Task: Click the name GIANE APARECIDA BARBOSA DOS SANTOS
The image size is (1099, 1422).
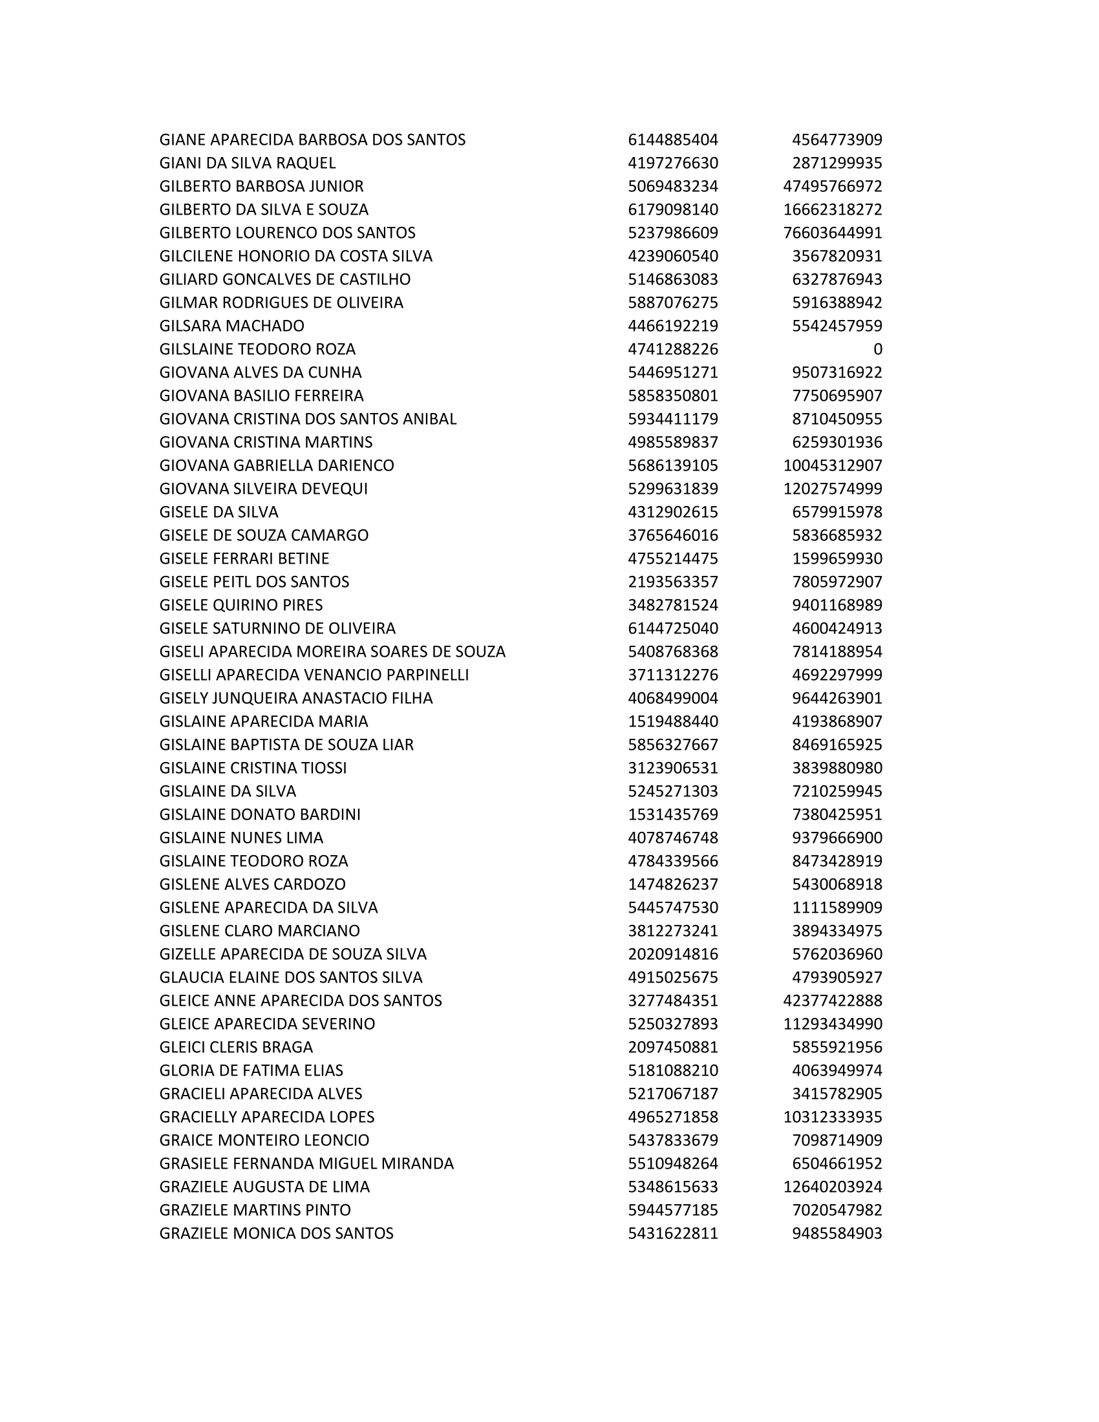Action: [x=312, y=140]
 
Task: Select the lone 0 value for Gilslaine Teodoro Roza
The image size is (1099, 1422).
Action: [x=877, y=350]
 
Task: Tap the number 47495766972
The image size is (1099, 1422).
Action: [x=832, y=187]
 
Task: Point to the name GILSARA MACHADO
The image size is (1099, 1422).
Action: [x=232, y=326]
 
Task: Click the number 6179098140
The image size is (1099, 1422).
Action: [x=672, y=209]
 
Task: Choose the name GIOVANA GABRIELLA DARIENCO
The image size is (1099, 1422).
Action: [x=277, y=465]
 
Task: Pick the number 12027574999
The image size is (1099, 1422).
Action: [x=832, y=489]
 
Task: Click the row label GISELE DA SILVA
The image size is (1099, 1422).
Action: [x=219, y=513]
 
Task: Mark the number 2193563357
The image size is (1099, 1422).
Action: [x=672, y=582]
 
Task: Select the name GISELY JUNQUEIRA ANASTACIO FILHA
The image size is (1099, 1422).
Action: [x=296, y=699]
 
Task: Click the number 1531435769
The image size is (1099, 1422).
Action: [x=672, y=814]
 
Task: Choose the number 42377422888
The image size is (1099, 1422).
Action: [x=832, y=1001]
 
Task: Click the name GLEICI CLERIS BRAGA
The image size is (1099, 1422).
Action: [x=237, y=1048]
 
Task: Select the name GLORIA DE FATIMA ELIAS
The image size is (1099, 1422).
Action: [x=251, y=1071]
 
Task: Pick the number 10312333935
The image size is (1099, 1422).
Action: [x=832, y=1118]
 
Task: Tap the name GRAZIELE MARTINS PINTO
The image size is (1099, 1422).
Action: [x=255, y=1211]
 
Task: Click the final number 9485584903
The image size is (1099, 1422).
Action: [x=837, y=1234]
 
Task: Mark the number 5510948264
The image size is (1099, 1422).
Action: [x=672, y=1163]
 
